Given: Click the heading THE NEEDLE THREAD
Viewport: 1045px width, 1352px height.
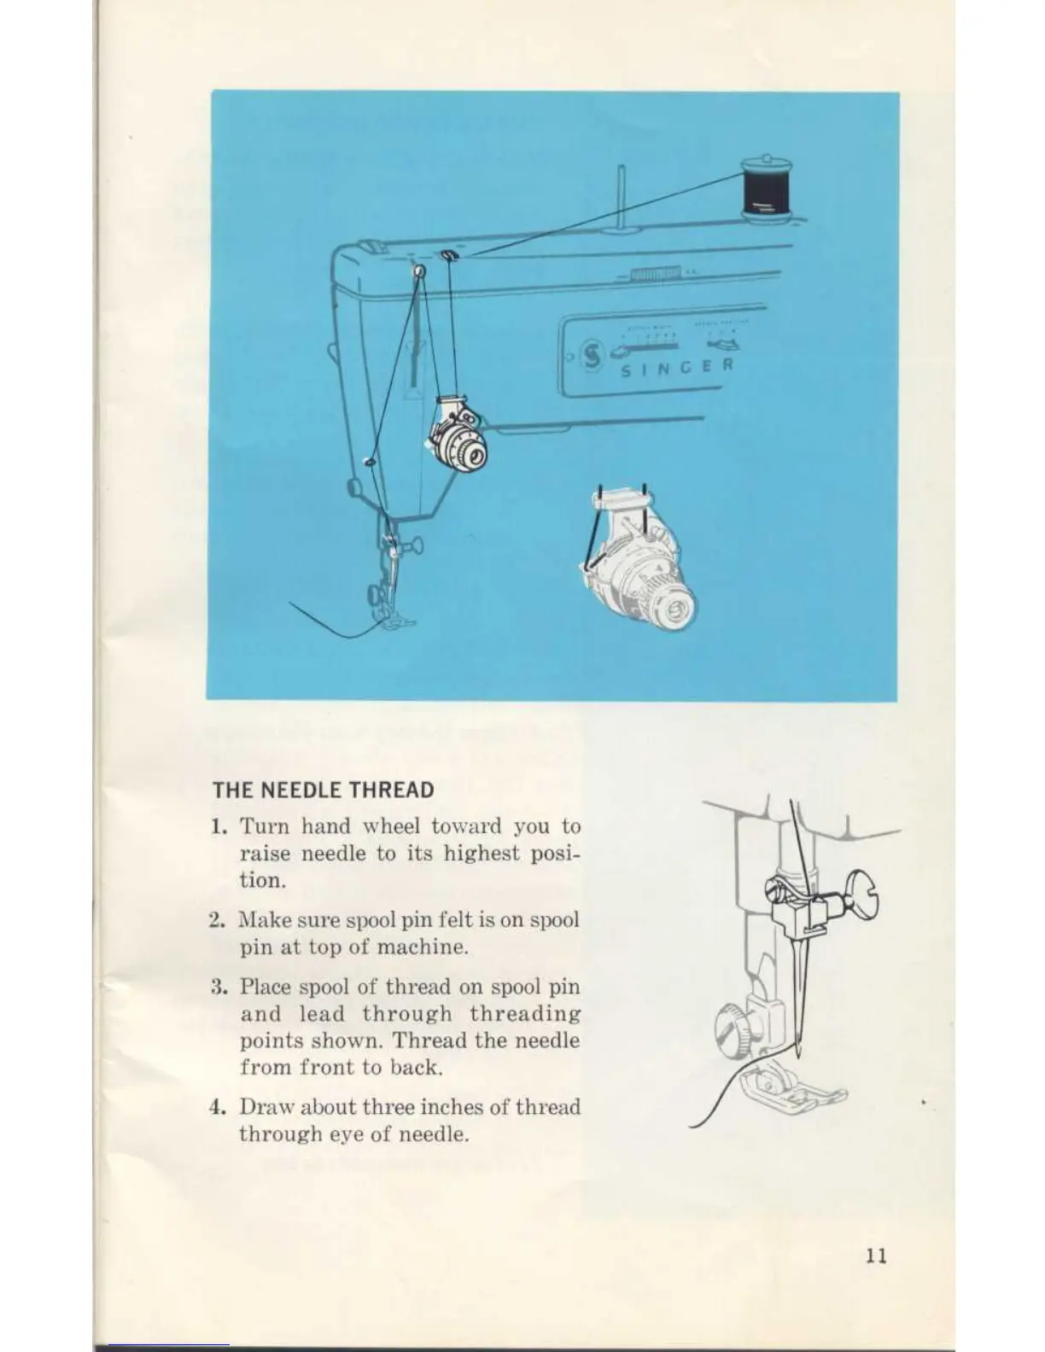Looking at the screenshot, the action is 324,790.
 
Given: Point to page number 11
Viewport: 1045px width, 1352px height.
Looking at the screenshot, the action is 875,1256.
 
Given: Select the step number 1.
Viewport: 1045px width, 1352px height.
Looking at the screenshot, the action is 219,827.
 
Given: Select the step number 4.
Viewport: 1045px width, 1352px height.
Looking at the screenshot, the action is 217,1108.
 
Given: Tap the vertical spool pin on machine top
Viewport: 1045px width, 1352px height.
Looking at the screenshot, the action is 623,198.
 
